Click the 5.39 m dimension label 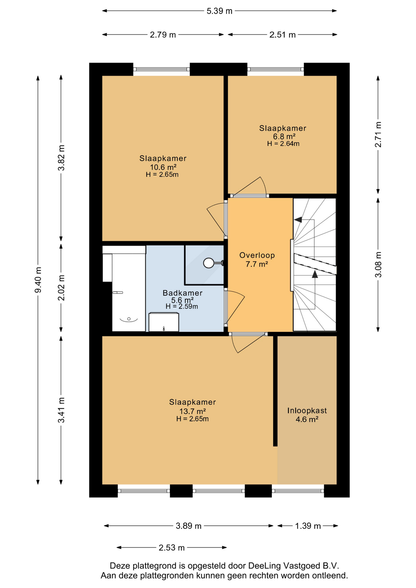[x=219, y=11]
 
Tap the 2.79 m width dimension [x=163, y=35]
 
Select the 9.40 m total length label [x=38, y=280]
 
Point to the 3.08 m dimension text [x=378, y=265]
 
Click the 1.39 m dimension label [x=308, y=526]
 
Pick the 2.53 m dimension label [x=172, y=548]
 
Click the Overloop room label [x=257, y=255]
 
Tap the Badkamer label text [x=182, y=293]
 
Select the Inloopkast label [x=307, y=410]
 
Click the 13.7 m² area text [x=192, y=411]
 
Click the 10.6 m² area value [x=163, y=167]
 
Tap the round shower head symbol [x=209, y=263]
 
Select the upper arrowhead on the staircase [x=298, y=220]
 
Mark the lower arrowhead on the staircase [x=315, y=274]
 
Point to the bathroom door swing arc [x=236, y=307]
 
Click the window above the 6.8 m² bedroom [x=275, y=69]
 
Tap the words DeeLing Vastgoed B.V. [x=293, y=566]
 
